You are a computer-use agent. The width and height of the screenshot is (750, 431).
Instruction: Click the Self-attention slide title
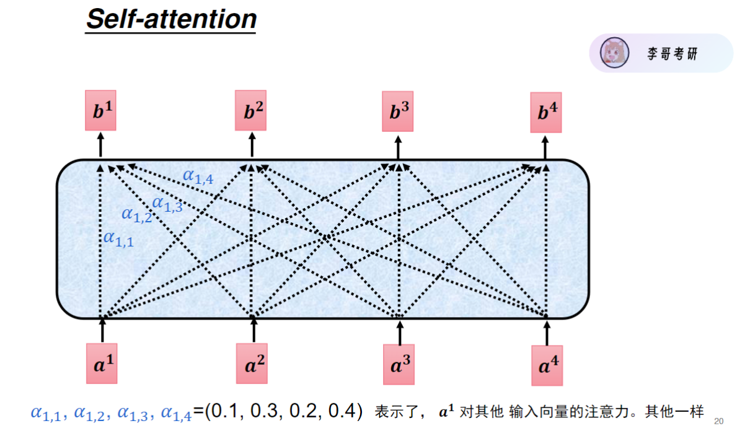coord(170,19)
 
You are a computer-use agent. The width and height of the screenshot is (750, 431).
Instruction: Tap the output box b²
coord(250,111)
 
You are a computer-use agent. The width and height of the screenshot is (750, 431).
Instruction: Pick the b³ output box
coord(398,111)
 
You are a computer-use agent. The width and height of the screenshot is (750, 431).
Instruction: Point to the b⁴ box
coord(545,113)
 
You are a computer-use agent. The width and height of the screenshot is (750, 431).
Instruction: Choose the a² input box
coord(252,364)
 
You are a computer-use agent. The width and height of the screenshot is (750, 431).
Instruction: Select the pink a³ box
coord(399,365)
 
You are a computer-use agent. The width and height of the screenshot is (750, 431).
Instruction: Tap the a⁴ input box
coord(547,365)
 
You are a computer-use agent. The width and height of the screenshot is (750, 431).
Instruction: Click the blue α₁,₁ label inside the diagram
coord(118,238)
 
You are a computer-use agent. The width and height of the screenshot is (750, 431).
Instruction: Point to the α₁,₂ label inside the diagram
coord(136,215)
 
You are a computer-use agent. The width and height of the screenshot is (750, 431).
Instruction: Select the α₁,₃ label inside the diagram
coord(167,203)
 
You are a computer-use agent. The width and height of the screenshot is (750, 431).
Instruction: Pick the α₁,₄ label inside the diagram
coord(198,176)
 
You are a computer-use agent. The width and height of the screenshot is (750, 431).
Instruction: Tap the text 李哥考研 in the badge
coord(673,53)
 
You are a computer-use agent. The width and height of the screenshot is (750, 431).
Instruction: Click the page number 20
coord(719,421)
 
